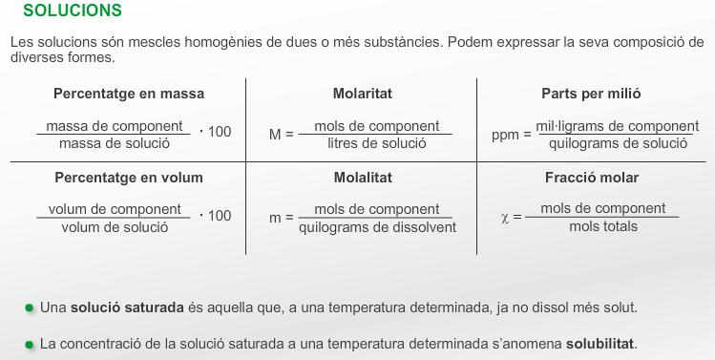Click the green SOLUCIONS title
click(72, 11)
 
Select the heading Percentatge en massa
click(129, 94)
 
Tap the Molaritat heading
click(363, 94)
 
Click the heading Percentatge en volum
click(129, 178)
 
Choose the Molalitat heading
click(363, 178)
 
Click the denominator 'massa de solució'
click(114, 143)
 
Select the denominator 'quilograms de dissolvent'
click(377, 227)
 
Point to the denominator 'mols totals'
click(603, 226)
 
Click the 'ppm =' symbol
click(511, 135)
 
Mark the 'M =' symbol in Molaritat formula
click(281, 135)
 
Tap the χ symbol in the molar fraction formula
click(506, 218)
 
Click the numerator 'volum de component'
click(115, 209)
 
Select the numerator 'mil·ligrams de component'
click(618, 126)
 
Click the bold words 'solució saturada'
click(127, 307)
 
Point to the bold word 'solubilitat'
click(600, 343)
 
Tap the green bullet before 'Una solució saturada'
click(31, 307)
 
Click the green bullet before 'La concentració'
click(31, 343)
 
